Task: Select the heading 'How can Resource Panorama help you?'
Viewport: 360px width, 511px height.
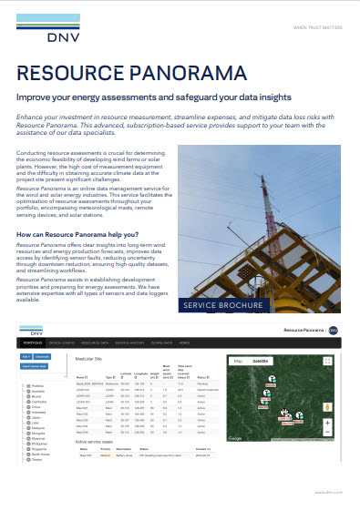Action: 78,236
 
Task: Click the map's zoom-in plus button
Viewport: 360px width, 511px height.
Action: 328,423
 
